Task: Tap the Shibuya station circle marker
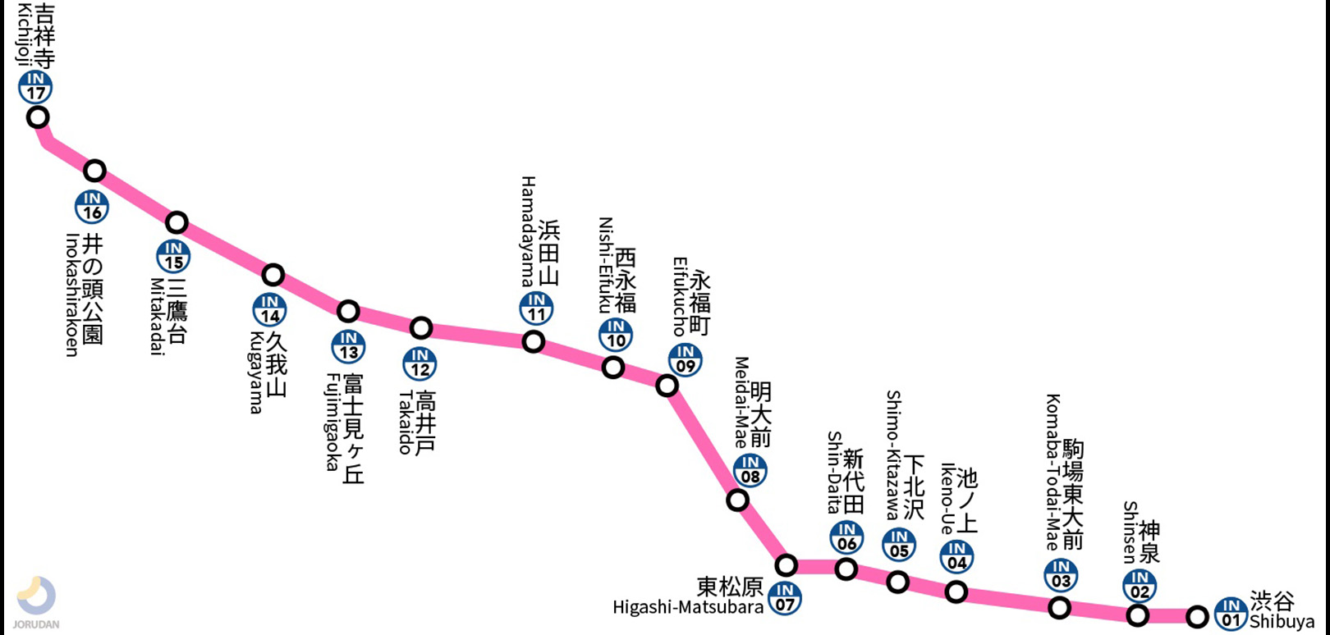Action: click(1198, 616)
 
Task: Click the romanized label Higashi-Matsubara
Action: click(688, 608)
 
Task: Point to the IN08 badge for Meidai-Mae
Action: click(750, 471)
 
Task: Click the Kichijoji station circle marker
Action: click(38, 117)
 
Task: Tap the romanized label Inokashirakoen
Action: click(72, 295)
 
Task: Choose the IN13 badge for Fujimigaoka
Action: click(348, 346)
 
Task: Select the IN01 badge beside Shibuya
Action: click(1231, 614)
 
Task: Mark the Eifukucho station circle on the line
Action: click(667, 386)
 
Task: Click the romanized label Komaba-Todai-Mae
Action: click(1053, 472)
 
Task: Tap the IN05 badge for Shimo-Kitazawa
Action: click(899, 545)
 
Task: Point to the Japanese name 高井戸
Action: click(425, 423)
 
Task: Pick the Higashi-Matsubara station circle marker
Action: click(787, 564)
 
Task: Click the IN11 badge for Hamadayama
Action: click(536, 308)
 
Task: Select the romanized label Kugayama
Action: click(255, 372)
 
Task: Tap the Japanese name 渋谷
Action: click(1273, 601)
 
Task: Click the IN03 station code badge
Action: click(1061, 575)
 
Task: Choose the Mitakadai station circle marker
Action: click(177, 222)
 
